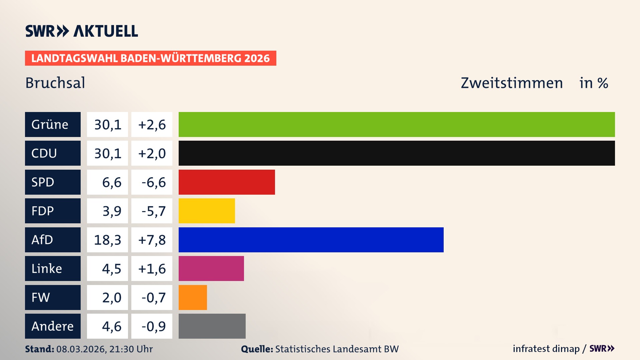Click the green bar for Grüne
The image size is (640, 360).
point(397,124)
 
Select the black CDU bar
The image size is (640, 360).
point(397,153)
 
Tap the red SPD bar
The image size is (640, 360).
point(227,182)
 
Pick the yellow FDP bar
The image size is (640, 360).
point(207,211)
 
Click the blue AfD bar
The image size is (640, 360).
point(311,240)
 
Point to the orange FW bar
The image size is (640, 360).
point(193,297)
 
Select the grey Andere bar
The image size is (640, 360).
point(212,326)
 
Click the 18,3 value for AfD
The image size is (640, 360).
point(107,240)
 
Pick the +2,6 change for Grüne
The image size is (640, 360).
point(152,124)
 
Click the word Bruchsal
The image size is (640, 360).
point(55,83)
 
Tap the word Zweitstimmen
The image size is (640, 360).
point(512,83)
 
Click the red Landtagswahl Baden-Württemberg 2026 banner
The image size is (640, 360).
point(150,58)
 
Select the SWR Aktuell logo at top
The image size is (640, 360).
point(82,31)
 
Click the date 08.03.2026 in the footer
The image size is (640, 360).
point(81,349)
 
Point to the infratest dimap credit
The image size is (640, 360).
point(546,349)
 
